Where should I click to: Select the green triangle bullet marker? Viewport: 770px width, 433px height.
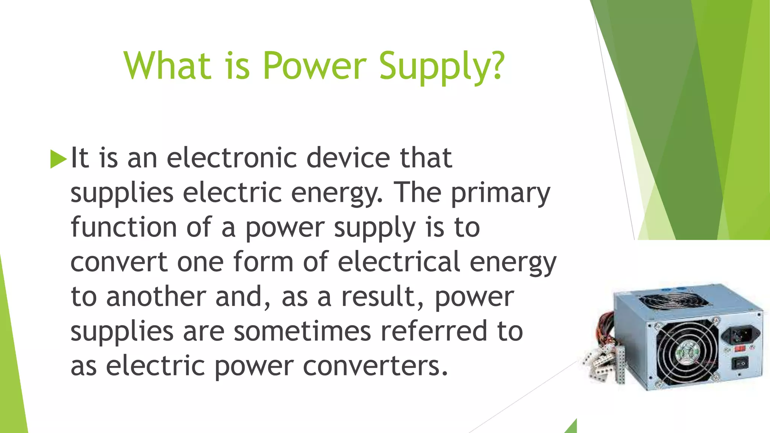58,159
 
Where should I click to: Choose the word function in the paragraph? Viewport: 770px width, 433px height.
124,228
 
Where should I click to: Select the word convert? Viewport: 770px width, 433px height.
119,262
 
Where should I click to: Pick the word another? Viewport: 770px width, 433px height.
156,297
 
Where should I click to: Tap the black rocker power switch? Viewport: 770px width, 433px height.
740,363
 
